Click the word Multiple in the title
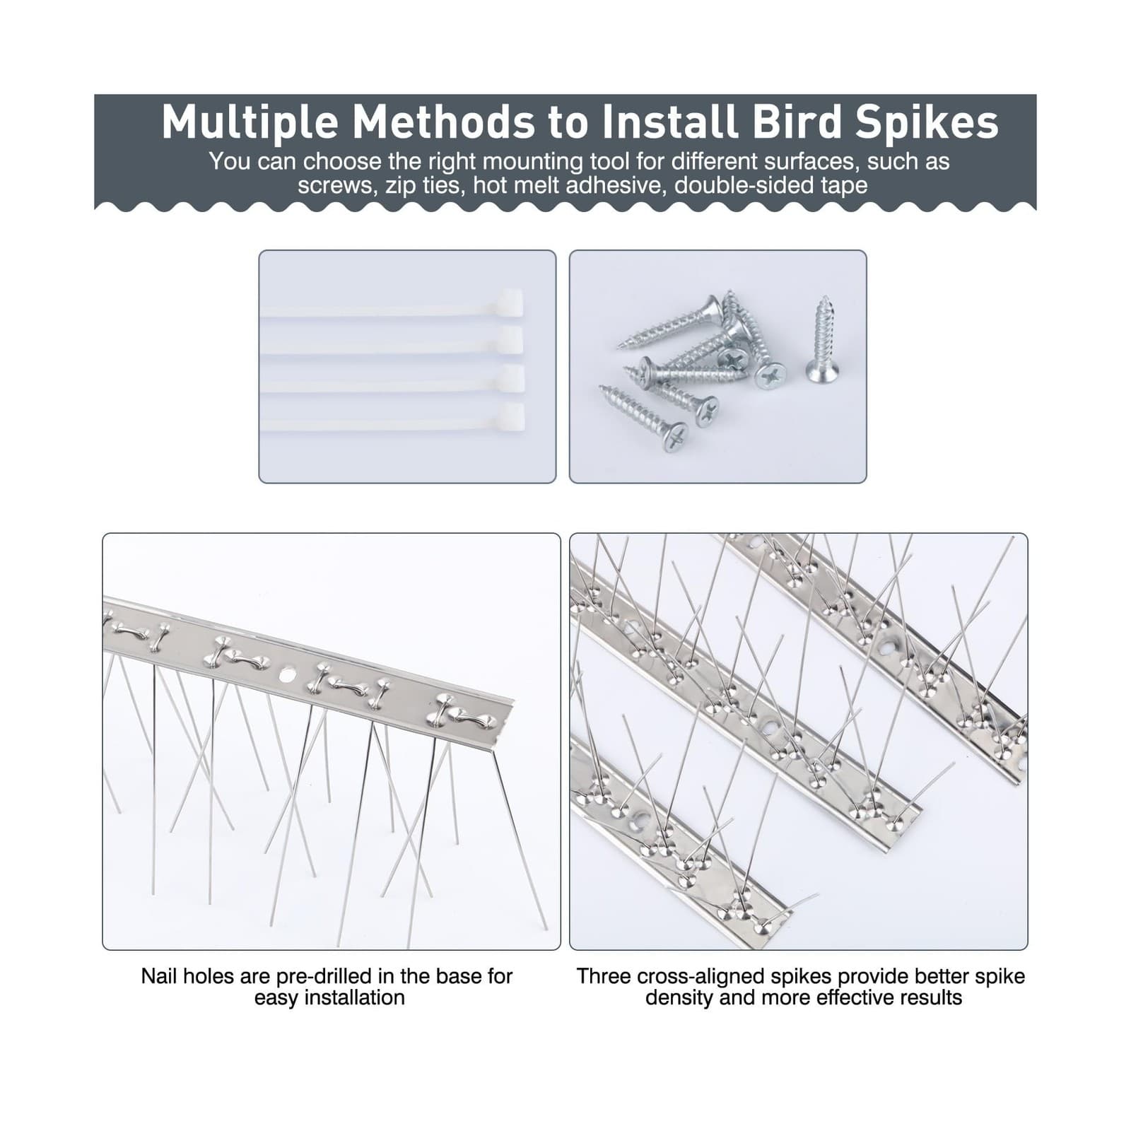248,122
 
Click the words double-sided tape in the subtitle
770,185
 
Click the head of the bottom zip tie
512,418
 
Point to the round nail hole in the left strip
287,676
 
